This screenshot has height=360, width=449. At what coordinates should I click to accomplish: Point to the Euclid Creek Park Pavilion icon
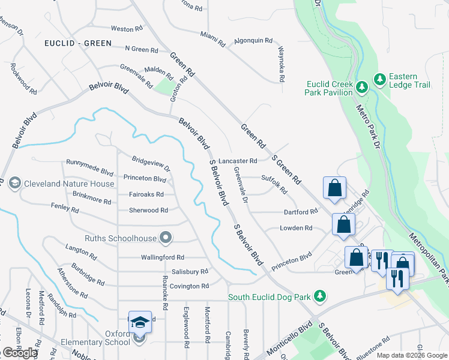pyautogui.click(x=361, y=88)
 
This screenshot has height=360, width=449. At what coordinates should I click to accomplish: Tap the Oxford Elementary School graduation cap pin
pyautogui.click(x=140, y=323)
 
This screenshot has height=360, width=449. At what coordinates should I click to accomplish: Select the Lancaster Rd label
pyautogui.click(x=238, y=161)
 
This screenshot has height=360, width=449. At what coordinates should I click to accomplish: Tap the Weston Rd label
pyautogui.click(x=127, y=28)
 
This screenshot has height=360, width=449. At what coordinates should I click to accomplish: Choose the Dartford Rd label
pyautogui.click(x=300, y=212)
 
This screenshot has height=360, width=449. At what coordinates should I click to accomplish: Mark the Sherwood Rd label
pyautogui.click(x=148, y=210)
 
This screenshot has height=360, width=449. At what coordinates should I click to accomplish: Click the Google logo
pyautogui.click(x=20, y=353)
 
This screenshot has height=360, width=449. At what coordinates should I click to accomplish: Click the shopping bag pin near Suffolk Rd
pyautogui.click(x=334, y=188)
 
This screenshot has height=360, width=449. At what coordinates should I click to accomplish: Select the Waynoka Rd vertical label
pyautogui.click(x=281, y=65)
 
